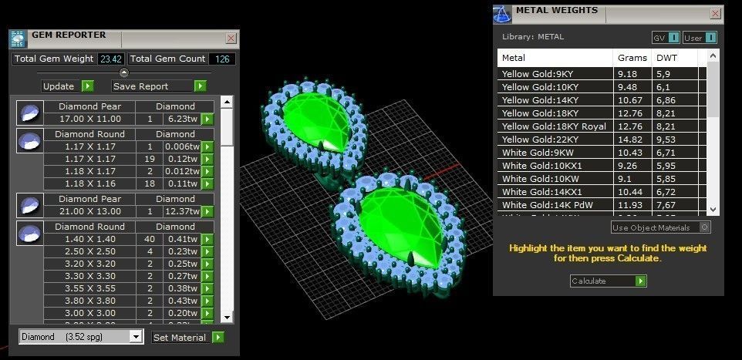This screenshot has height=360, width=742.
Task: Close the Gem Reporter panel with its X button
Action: [231, 38]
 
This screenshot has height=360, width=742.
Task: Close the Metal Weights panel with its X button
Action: [715, 12]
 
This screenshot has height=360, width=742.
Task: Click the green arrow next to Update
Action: [87, 86]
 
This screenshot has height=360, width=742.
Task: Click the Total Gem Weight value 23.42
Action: [111, 59]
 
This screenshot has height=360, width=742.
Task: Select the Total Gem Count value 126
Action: [222, 59]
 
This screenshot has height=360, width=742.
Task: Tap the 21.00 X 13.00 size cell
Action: [89, 211]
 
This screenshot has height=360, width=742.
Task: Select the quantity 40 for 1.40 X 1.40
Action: [150, 239]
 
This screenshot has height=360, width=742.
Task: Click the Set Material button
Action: [180, 337]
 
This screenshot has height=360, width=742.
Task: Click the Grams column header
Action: [632, 58]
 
